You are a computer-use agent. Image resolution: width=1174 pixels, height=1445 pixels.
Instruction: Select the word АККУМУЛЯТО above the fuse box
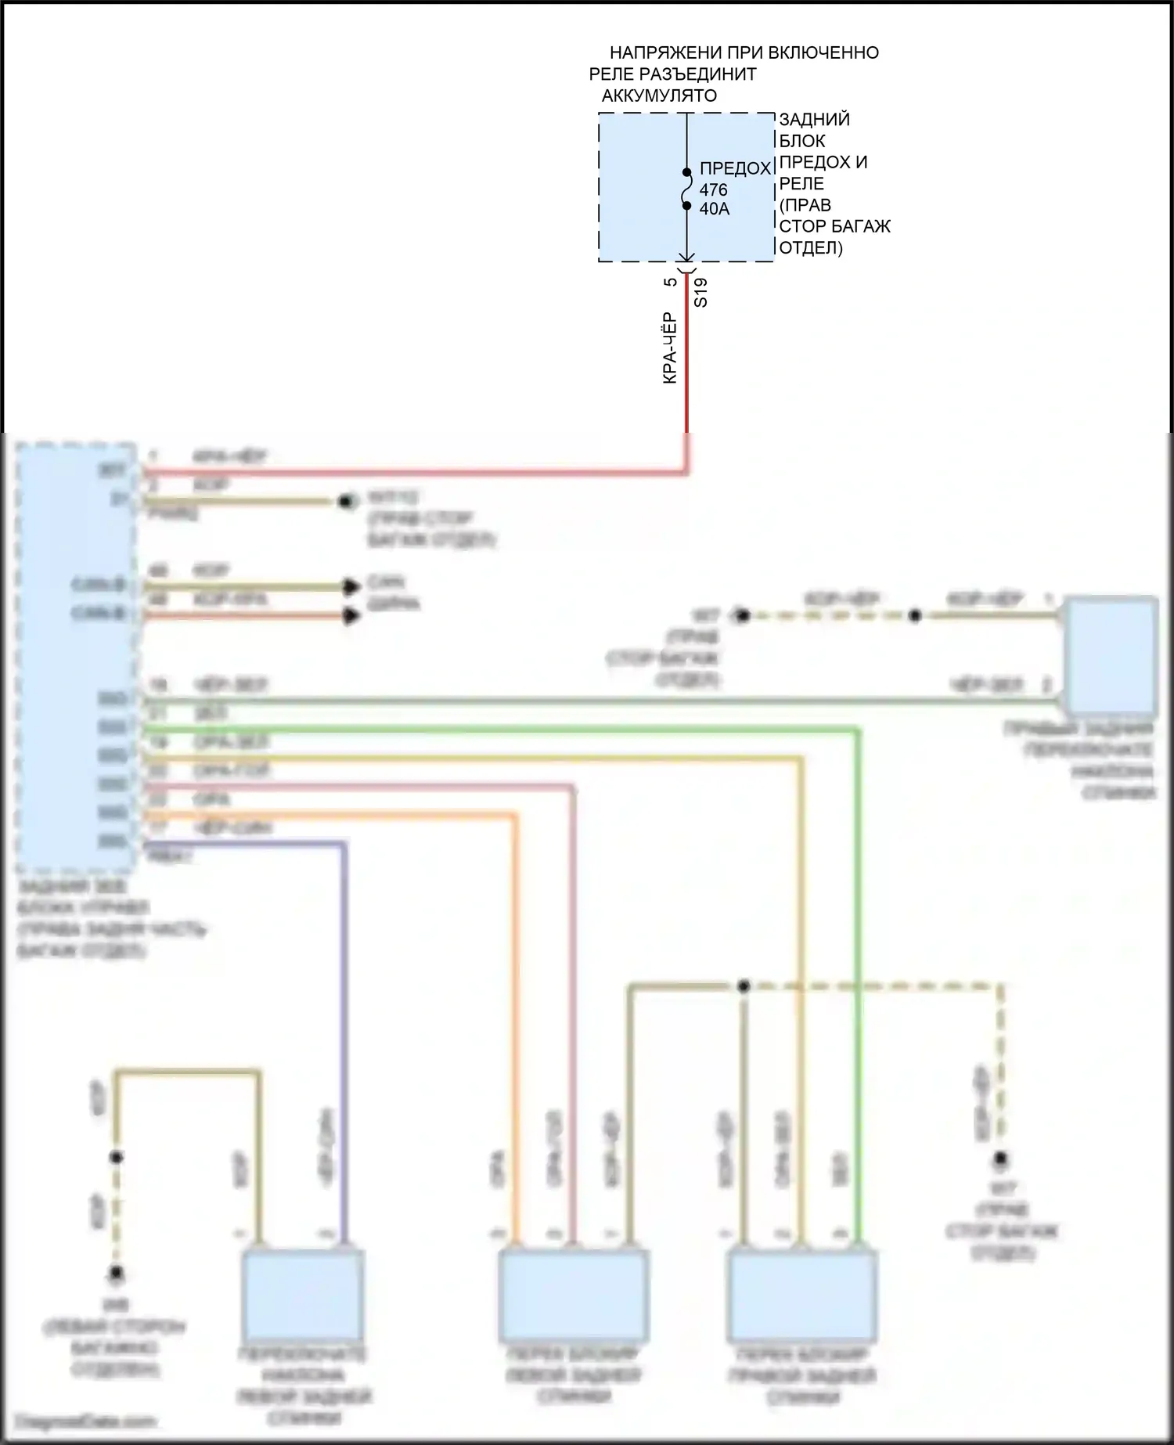[x=659, y=96]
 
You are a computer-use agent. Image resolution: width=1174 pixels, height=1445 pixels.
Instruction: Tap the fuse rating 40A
[x=715, y=209]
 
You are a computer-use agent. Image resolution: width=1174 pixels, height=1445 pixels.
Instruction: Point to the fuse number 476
[x=713, y=190]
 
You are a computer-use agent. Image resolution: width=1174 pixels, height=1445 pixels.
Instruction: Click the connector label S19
[x=701, y=292]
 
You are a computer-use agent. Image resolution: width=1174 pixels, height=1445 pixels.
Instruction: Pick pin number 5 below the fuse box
[x=671, y=282]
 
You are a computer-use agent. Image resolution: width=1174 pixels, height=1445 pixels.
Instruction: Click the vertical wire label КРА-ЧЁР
[x=670, y=348]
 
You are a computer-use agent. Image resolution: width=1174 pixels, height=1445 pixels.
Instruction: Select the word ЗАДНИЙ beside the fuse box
[x=814, y=120]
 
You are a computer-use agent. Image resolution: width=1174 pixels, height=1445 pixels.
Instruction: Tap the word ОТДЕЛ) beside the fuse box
[x=811, y=248]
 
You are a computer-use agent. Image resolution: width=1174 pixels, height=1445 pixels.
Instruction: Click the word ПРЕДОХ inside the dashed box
[x=735, y=169]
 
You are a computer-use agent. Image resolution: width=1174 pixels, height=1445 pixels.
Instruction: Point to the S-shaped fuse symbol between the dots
[x=687, y=189]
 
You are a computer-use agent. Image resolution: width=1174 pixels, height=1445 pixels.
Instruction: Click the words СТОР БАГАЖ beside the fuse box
[x=834, y=227]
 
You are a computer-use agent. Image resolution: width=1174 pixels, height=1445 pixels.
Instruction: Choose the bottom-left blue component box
[x=303, y=1294]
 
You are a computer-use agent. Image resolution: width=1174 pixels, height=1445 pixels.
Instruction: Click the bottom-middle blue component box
[x=574, y=1294]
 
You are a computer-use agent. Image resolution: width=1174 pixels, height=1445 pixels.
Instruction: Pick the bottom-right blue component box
[x=802, y=1294]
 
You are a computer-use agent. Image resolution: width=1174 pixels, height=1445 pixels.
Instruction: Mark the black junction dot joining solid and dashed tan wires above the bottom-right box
[x=744, y=986]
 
